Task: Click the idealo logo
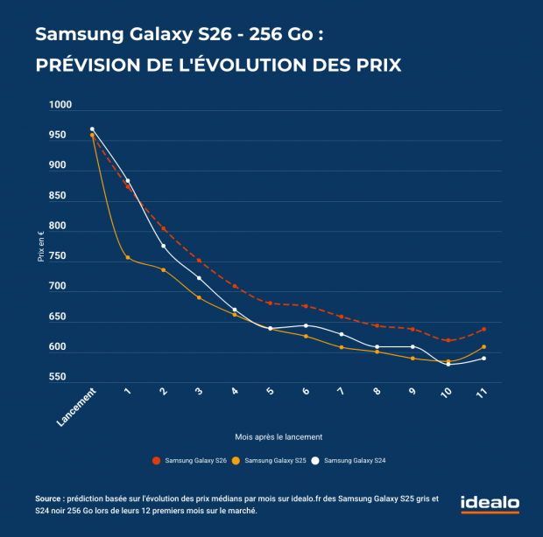(490, 505)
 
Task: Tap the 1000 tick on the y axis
(60, 106)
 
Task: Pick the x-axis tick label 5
(268, 394)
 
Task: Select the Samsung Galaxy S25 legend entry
(271, 460)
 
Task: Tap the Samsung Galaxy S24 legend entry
(354, 460)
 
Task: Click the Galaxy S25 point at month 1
(128, 257)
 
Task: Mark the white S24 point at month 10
(448, 364)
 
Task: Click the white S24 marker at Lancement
(92, 129)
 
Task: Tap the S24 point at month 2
(164, 246)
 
